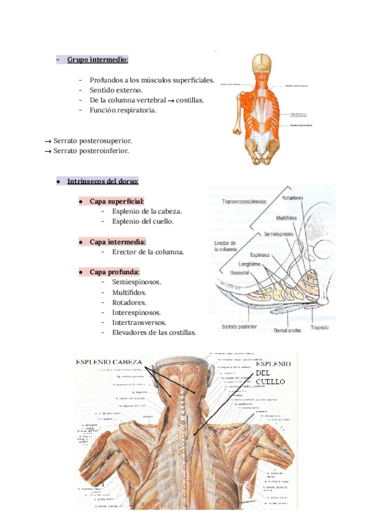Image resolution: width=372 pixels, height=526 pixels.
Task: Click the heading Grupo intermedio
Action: pos(97,60)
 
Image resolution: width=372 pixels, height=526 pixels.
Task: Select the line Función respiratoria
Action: pos(123,110)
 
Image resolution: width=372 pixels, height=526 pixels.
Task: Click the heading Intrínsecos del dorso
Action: pos(102,182)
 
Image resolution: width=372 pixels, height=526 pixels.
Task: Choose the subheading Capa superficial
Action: pos(117,202)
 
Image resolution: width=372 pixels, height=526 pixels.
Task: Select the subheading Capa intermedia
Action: pos(118,241)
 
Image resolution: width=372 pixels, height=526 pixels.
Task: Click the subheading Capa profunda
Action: pos(115,272)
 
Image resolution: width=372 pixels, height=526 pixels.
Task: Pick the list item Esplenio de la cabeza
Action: pos(147,212)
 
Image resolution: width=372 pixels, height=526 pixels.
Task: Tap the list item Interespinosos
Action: pos(136,313)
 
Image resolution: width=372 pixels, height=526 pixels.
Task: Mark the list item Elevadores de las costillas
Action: pos(154,332)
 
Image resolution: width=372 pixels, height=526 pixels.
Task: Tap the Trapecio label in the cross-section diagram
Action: pos(320,327)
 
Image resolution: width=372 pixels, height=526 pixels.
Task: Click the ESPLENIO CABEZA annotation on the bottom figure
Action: pos(108,362)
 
